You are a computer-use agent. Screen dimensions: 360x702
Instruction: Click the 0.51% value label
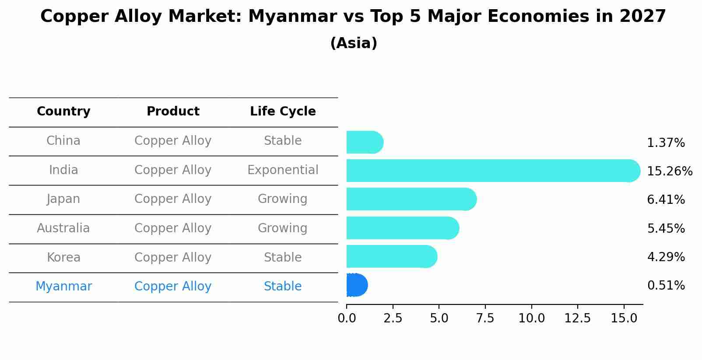click(666, 286)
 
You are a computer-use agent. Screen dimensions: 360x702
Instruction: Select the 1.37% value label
click(666, 143)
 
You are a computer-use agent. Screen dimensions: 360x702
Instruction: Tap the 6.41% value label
click(666, 200)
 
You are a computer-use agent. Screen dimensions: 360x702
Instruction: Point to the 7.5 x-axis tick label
click(485, 318)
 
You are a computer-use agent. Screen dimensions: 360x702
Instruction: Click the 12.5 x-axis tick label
click(578, 318)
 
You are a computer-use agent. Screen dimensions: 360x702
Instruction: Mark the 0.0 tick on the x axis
click(347, 318)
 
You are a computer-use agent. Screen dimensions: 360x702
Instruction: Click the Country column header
click(63, 112)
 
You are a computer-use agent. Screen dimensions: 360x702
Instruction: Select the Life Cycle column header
click(283, 112)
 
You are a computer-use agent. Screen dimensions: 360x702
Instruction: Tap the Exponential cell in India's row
click(283, 170)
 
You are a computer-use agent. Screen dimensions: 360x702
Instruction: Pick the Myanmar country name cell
click(63, 287)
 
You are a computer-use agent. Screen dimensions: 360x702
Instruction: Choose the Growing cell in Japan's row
click(283, 199)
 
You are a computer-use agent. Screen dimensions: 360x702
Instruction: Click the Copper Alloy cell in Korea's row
click(173, 258)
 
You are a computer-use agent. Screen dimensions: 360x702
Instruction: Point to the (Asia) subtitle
click(354, 43)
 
